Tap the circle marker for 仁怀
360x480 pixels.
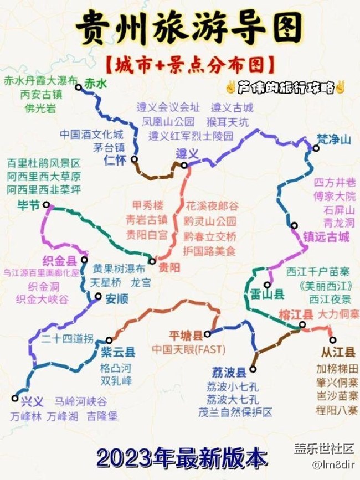pyautogui.click(x=135, y=159)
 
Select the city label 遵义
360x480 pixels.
pyautogui.click(x=187, y=153)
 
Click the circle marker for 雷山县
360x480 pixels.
pyautogui.click(x=267, y=285)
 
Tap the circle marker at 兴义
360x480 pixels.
pyautogui.click(x=15, y=398)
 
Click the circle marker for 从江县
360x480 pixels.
pyautogui.click(x=332, y=340)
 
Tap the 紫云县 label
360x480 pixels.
pyautogui.click(x=118, y=352)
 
